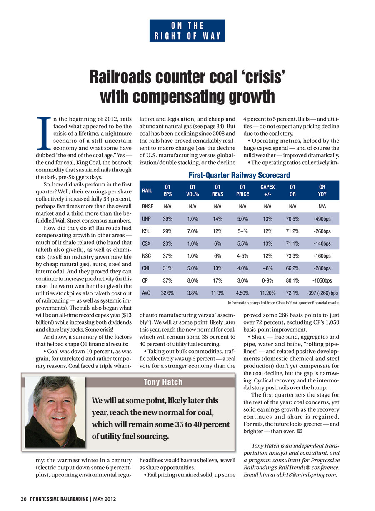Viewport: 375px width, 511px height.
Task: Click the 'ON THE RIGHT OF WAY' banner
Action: [x=187, y=30]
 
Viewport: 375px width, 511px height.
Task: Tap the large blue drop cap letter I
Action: [x=44, y=133]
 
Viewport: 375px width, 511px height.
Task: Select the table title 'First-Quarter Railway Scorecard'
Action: [x=239, y=175]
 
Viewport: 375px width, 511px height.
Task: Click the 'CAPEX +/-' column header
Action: [x=267, y=190]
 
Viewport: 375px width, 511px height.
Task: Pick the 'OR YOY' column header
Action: [x=322, y=190]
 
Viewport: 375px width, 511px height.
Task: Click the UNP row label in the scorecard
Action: [x=146, y=219]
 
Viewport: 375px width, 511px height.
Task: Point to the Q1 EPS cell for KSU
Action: [x=167, y=231]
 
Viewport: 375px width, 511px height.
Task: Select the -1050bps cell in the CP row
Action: [x=322, y=280]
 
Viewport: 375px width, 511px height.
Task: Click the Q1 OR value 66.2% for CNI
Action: [x=292, y=268]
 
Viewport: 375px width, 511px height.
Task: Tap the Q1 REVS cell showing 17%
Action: [x=217, y=280]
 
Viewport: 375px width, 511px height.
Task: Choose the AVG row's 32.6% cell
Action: [x=167, y=293]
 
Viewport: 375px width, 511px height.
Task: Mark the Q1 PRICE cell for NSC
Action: [x=242, y=256]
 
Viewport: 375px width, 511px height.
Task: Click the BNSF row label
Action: [x=147, y=206]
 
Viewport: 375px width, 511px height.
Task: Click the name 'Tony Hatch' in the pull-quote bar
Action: [x=163, y=382]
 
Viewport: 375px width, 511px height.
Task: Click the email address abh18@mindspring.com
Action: [x=307, y=475]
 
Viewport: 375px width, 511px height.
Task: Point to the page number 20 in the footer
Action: [x=24, y=499]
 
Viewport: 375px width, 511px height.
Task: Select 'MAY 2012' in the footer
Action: [x=104, y=499]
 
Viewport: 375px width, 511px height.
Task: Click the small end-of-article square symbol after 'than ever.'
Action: [x=300, y=431]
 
